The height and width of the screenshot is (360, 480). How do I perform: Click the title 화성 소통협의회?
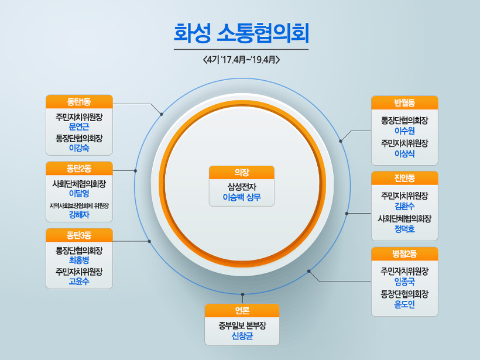tap(241, 33)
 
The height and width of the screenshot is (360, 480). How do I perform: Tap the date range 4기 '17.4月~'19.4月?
tap(241, 60)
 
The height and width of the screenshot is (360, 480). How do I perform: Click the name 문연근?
tap(79, 126)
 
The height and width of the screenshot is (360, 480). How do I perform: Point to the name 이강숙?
tap(79, 148)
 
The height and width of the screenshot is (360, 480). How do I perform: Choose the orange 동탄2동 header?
tap(79, 169)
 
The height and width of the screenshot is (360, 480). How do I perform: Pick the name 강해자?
tap(79, 215)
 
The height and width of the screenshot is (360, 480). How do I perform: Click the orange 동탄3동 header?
tap(79, 235)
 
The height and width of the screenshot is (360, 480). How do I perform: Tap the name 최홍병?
tap(79, 260)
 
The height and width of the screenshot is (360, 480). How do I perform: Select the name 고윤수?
tap(79, 282)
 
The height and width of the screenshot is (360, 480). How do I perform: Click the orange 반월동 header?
tap(404, 102)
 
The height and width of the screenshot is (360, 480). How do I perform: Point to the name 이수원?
tap(404, 131)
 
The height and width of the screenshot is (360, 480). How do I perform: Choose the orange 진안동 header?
tap(404, 177)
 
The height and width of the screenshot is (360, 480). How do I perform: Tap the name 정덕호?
tap(404, 229)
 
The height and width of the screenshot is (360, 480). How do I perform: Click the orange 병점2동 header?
tap(404, 253)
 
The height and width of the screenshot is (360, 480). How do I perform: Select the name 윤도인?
tap(404, 304)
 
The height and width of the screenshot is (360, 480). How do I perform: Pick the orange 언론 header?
tap(242, 310)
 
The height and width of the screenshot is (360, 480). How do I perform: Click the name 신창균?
tap(242, 335)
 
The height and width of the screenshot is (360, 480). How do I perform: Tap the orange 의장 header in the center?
tap(242, 172)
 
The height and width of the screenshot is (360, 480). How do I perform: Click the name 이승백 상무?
tap(242, 198)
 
